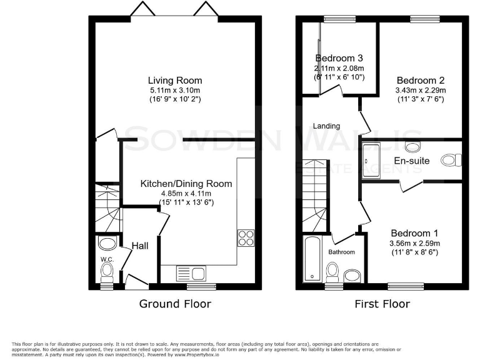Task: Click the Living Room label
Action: click(x=175, y=81)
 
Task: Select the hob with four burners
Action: click(x=245, y=237)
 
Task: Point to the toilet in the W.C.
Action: click(x=107, y=271)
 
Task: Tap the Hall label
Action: click(x=139, y=246)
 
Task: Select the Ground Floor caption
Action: click(x=175, y=304)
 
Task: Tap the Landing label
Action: click(x=326, y=126)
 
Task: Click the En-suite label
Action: click(x=411, y=161)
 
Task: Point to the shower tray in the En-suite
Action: click(x=371, y=160)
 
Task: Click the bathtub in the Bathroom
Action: click(x=311, y=259)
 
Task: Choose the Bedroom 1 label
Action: click(x=414, y=233)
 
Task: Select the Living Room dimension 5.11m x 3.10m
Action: click(x=175, y=90)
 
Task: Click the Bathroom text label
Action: click(x=342, y=252)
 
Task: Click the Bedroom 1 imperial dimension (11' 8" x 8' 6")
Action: click(x=414, y=252)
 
